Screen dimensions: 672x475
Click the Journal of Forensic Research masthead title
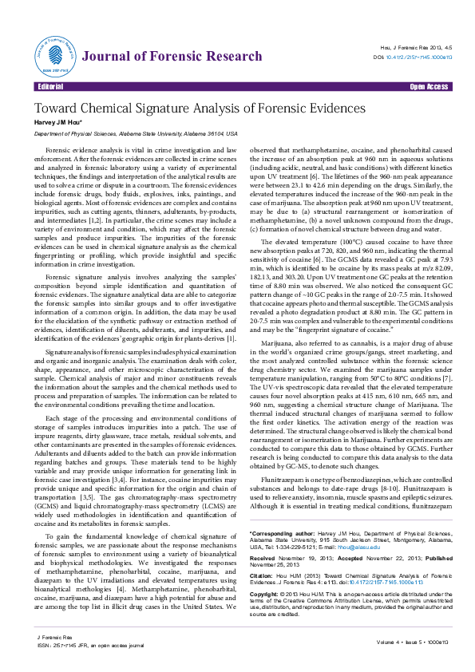pyautogui.click(x=172, y=56)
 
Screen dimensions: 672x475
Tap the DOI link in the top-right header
pyautogui.click(x=419, y=57)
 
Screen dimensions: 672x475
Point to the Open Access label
pyautogui.click(x=429, y=86)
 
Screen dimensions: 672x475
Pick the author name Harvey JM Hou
pyautogui.click(x=57, y=123)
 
